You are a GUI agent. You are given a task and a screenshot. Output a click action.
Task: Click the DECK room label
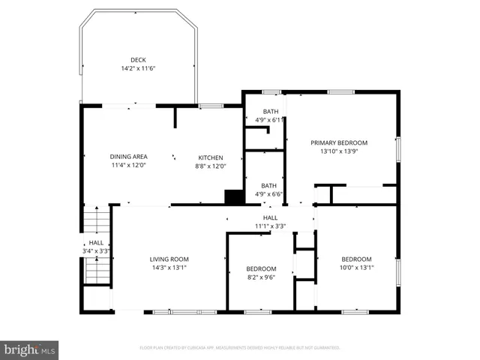click(x=138, y=60)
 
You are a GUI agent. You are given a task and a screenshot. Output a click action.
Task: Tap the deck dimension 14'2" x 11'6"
click(x=138, y=68)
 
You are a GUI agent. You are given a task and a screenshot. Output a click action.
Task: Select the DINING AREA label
click(x=127, y=157)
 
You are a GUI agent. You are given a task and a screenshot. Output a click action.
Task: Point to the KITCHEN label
click(x=210, y=157)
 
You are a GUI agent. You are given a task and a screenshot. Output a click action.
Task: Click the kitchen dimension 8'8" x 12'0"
click(x=210, y=166)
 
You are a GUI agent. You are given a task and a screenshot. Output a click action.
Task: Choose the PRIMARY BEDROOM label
click(x=339, y=142)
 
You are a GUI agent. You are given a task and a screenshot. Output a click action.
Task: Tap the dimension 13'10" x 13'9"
click(x=339, y=151)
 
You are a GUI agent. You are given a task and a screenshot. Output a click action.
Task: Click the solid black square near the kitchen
click(x=235, y=196)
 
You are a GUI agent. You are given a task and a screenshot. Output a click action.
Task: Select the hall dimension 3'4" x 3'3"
click(x=97, y=251)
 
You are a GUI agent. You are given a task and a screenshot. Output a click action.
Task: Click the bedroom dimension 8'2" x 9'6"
click(x=261, y=277)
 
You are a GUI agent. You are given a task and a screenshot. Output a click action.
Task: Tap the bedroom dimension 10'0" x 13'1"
click(x=356, y=268)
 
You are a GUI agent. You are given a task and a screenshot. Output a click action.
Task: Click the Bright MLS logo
click(x=30, y=349)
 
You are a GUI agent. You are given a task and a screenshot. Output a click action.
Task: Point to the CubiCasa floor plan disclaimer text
click(x=239, y=348)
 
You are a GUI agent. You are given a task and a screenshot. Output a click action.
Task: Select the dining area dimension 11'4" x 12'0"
click(x=127, y=166)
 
